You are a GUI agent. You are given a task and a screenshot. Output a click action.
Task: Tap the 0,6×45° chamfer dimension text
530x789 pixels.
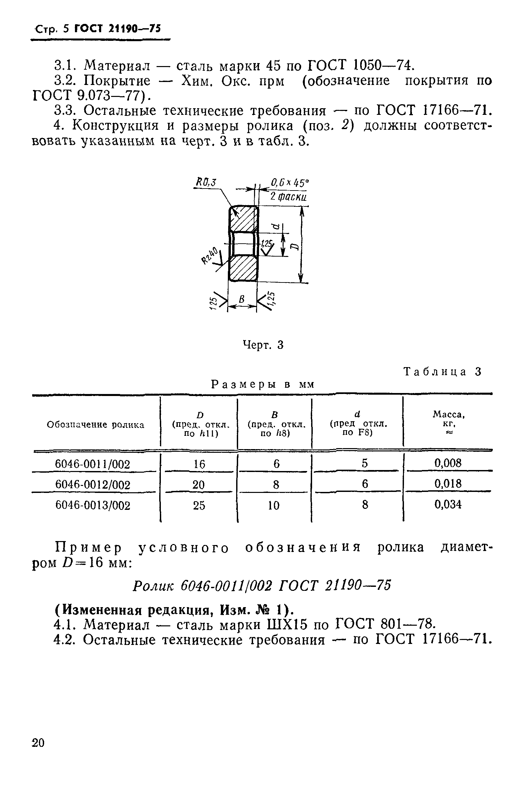pyautogui.click(x=290, y=183)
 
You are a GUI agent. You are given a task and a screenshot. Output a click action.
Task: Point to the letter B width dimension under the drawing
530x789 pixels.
pyautogui.click(x=241, y=299)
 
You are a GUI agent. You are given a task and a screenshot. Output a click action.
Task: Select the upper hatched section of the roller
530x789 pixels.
pyautogui.click(x=243, y=219)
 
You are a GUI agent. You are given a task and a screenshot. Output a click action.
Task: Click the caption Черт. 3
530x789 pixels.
pyautogui.click(x=263, y=345)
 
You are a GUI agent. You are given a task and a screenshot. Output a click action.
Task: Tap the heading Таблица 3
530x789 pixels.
pyautogui.click(x=442, y=372)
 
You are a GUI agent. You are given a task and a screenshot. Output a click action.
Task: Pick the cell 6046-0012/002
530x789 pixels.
pyautogui.click(x=93, y=485)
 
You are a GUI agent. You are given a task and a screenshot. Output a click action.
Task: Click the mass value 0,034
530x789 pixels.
pyautogui.click(x=448, y=505)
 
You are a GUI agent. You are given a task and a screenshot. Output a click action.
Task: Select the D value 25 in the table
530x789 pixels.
pyautogui.click(x=199, y=506)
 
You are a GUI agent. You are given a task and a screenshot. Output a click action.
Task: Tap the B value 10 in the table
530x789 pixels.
pyautogui.click(x=273, y=506)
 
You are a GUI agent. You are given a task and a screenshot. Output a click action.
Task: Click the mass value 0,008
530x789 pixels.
pyautogui.click(x=448, y=463)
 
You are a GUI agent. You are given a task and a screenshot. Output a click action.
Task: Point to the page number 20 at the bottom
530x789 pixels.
pyautogui.click(x=38, y=743)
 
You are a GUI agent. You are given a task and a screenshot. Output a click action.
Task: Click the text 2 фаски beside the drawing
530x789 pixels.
pyautogui.click(x=288, y=196)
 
